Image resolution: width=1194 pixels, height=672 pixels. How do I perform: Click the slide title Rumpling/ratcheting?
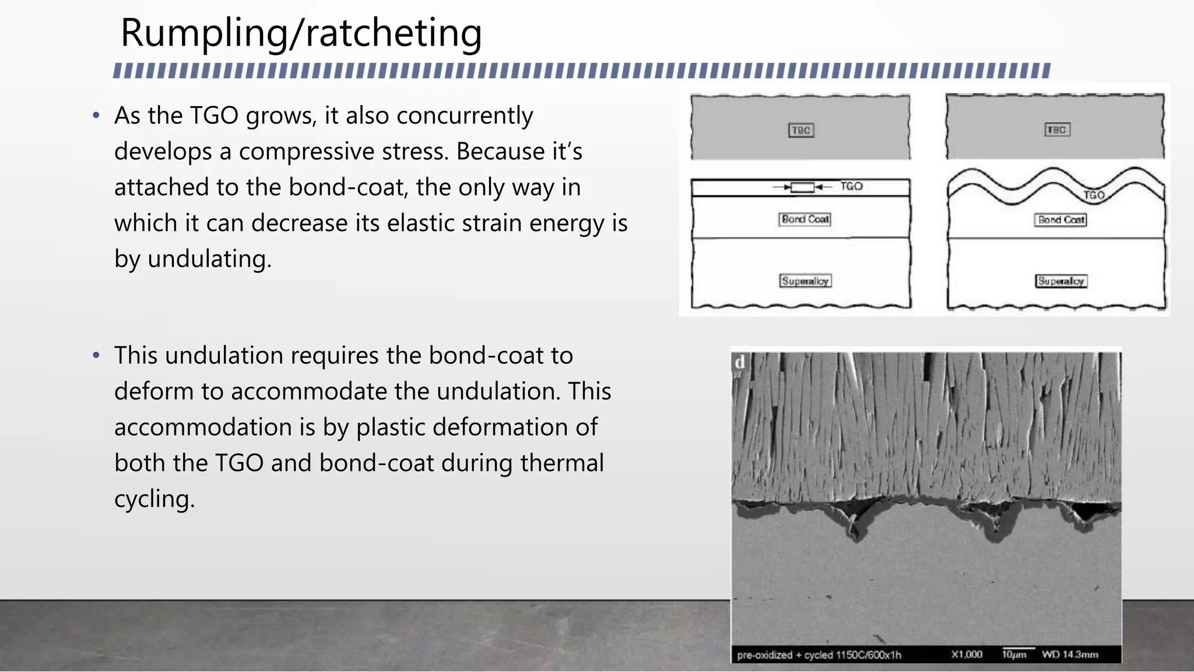301,33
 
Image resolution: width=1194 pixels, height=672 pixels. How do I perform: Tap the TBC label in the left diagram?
801,130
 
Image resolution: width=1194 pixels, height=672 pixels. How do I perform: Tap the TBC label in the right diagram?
1057,129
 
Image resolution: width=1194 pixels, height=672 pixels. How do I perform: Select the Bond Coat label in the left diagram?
805,219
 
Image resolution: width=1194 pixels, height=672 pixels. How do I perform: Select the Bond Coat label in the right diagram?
1061,220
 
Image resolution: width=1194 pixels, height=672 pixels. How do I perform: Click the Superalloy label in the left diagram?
805,281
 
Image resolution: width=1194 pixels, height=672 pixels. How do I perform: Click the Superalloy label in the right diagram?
1061,281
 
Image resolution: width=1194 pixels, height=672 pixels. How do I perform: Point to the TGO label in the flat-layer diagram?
851,186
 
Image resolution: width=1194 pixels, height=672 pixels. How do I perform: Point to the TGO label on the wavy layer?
1094,195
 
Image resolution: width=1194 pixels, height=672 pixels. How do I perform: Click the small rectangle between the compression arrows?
802,187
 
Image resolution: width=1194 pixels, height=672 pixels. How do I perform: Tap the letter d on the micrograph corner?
740,362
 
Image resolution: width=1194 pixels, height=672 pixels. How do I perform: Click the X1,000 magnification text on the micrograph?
967,654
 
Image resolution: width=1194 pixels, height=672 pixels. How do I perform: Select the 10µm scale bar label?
1014,654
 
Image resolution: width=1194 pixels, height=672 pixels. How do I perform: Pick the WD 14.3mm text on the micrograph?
1070,654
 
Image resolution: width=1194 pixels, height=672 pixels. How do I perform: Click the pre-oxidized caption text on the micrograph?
819,655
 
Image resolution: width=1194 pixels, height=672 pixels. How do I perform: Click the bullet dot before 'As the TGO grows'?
96,116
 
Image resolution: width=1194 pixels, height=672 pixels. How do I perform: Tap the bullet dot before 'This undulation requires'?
96,355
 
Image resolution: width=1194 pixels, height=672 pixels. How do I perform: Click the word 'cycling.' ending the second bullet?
154,499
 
